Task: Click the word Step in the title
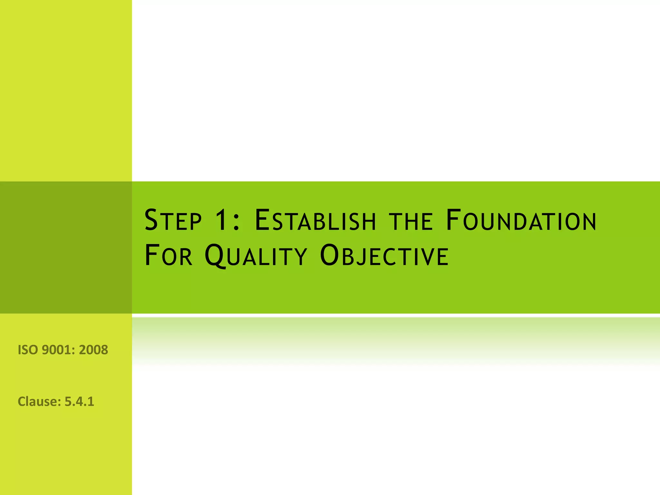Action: click(x=173, y=220)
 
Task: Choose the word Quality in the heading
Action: click(x=256, y=256)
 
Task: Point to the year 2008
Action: click(x=93, y=350)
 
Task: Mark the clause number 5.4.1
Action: click(x=79, y=402)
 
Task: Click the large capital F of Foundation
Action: click(x=453, y=220)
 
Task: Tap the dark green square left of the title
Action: click(x=66, y=247)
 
